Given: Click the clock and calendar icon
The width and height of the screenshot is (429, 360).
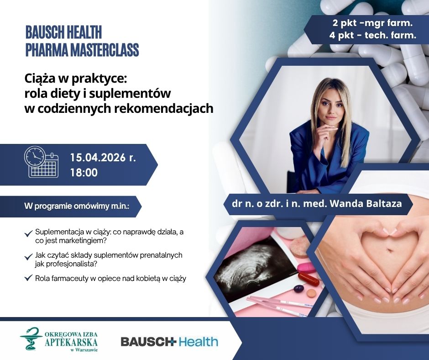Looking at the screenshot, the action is click(x=42, y=162).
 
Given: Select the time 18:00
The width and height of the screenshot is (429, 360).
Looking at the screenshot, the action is click(x=84, y=173).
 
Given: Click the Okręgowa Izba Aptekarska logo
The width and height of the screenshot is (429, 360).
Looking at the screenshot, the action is click(x=58, y=339).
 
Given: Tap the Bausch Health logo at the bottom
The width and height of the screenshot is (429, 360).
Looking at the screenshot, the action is click(x=169, y=341).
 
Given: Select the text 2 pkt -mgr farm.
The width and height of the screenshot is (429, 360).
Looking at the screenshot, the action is click(x=372, y=23).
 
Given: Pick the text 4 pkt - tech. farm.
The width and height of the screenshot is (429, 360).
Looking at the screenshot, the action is click(x=373, y=35).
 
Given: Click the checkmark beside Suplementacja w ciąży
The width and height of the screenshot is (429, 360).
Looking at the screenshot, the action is click(x=28, y=234).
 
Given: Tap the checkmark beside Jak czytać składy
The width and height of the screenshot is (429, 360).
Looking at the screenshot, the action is click(x=28, y=257).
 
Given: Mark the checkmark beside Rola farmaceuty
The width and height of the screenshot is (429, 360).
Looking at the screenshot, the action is click(x=28, y=278).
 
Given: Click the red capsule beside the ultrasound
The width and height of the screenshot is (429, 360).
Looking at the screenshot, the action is click(x=308, y=279).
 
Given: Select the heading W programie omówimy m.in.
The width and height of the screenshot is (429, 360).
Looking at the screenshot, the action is click(x=77, y=206).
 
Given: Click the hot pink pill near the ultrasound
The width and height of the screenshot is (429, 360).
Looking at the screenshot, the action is click(x=306, y=267).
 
